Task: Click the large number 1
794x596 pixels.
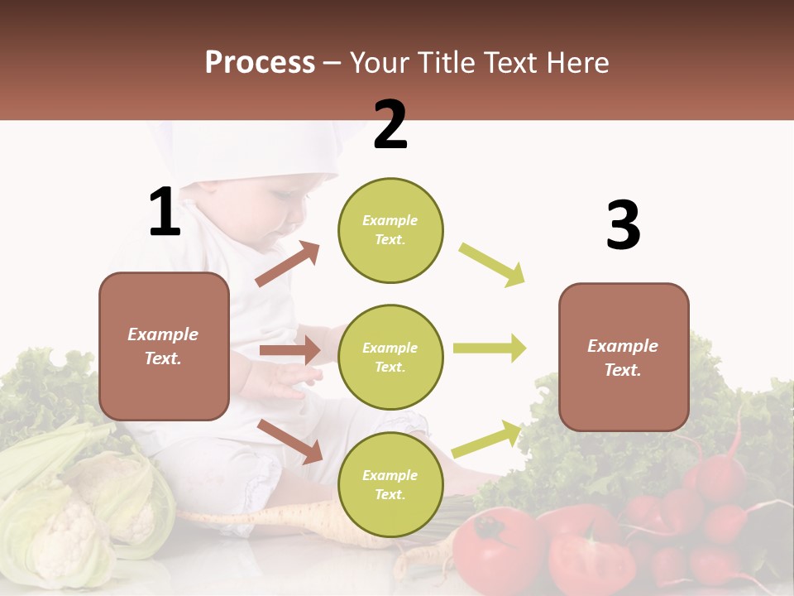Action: point(165,212)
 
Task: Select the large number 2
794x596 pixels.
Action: point(390,125)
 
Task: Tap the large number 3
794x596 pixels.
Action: point(623,226)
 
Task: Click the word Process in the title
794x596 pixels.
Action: point(260,62)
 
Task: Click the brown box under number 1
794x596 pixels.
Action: point(164,346)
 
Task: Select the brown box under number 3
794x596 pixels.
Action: point(624,357)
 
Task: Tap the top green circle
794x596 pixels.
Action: point(390,230)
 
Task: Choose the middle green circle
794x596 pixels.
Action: point(390,357)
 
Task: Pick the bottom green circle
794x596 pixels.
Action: point(390,484)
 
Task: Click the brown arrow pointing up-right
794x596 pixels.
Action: point(288,264)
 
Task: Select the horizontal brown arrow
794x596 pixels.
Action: point(289,350)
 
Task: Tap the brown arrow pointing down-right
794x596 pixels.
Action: point(290,441)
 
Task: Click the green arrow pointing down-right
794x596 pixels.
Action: point(492,265)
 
